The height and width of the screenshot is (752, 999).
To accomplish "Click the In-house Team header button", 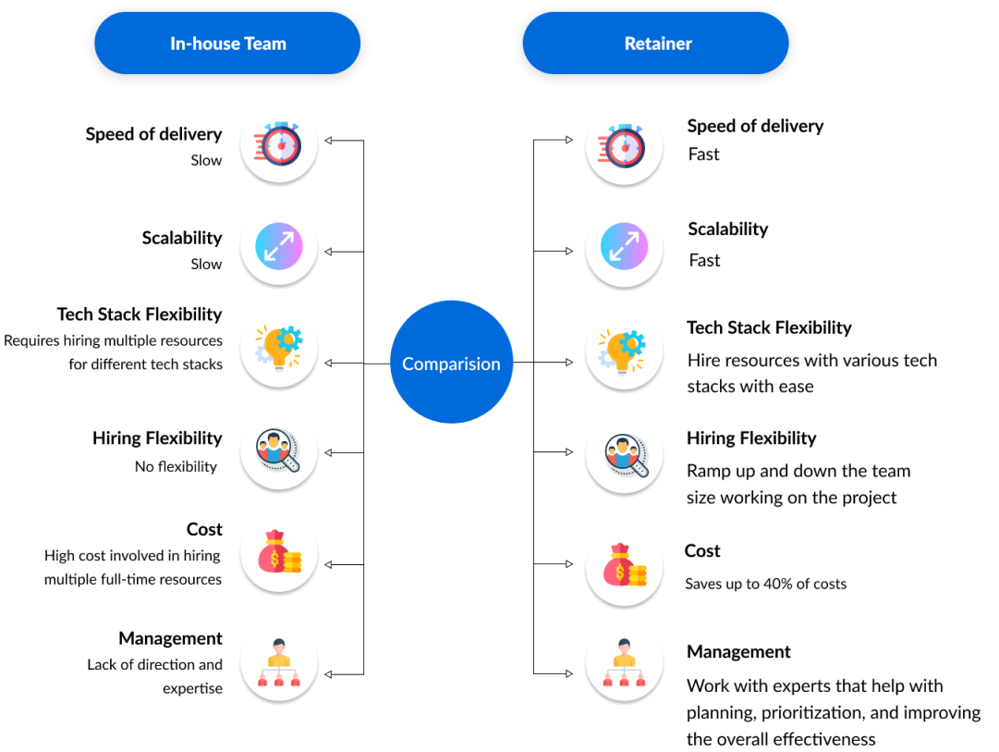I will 227,43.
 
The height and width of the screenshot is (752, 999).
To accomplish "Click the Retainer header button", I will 657,43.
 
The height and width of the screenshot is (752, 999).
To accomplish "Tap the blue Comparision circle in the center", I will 451,363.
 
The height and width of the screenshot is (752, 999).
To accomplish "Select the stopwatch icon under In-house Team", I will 279,144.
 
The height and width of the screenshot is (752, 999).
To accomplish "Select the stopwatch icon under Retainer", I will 624,146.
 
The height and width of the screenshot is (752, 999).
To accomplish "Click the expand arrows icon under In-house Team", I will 279,246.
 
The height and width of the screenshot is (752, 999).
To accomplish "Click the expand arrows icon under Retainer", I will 624,248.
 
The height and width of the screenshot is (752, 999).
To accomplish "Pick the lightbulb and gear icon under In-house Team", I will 279,349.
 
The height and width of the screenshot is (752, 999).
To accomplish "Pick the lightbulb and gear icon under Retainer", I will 624,351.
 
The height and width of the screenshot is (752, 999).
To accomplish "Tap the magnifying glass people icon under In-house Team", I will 279,451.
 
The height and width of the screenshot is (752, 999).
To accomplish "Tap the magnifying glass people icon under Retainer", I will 624,454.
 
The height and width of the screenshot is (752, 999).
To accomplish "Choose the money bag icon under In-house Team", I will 279,553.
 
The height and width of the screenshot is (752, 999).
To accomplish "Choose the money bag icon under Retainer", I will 624,566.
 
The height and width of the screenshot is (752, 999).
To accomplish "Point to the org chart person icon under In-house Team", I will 279,662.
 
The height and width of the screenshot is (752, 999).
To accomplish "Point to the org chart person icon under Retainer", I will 624,663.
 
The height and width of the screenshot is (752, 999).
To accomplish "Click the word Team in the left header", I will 264,43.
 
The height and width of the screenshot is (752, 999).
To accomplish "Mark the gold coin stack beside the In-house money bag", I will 292,561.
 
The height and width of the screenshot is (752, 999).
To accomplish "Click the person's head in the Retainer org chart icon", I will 624,646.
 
